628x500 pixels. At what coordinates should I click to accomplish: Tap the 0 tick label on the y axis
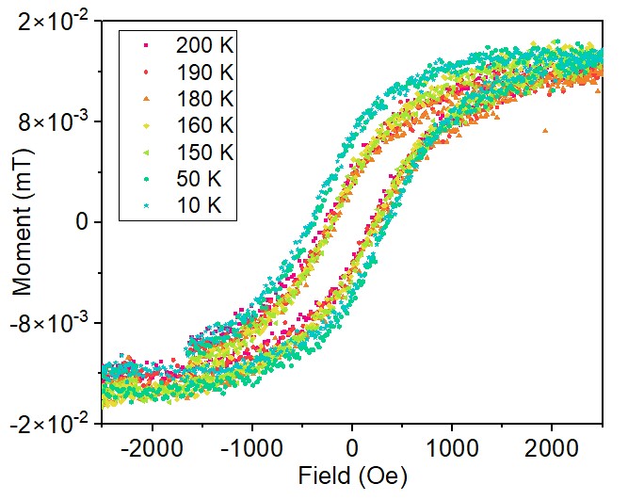(83, 222)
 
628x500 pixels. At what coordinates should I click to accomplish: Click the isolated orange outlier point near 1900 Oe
(546, 131)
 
